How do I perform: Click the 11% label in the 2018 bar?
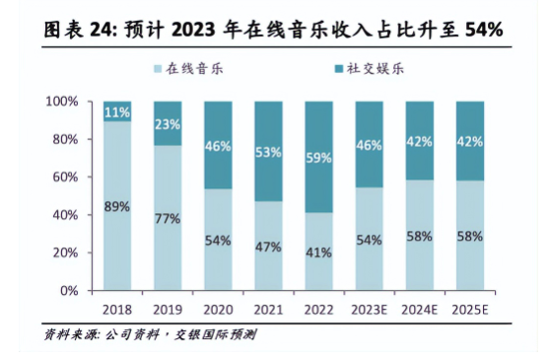tap(117, 112)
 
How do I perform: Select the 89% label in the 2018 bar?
tap(117, 207)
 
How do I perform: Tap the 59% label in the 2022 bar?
tap(318, 158)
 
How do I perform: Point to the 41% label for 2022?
tap(318, 252)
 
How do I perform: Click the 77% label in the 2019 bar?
tap(168, 219)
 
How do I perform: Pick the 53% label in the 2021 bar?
tap(268, 153)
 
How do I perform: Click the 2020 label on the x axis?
tap(218, 310)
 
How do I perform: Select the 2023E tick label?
tap(369, 310)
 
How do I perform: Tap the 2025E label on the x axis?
tap(470, 310)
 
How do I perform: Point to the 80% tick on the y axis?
tap(65, 140)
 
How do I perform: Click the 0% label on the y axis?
tap(69, 291)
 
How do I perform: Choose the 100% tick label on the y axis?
tap(62, 102)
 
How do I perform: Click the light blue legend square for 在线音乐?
tap(158, 69)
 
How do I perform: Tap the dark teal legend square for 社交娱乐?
tap(339, 69)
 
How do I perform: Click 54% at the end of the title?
tap(484, 30)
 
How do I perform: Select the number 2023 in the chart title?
tap(193, 30)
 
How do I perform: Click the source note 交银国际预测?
tap(215, 334)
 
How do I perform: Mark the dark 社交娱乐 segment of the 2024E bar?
tap(420, 141)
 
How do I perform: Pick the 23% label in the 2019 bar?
tap(168, 124)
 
